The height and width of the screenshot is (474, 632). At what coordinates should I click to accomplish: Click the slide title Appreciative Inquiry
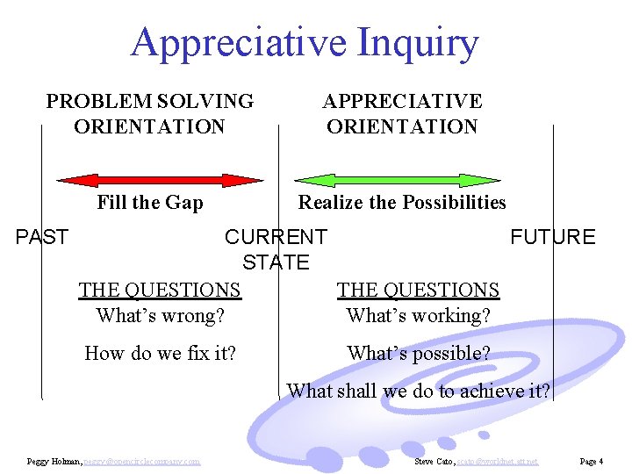305,42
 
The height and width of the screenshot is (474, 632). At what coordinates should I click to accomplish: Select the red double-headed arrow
160,180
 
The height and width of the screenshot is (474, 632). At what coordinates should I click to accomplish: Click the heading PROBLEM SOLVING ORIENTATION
149,114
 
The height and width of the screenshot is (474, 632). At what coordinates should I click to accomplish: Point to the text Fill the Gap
149,203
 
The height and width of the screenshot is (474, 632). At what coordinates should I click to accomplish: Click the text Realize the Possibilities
402,203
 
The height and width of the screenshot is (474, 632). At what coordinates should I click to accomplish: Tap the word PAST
43,237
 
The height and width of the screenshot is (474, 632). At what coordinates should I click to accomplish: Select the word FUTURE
552,237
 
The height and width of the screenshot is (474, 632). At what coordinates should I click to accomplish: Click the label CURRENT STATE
276,249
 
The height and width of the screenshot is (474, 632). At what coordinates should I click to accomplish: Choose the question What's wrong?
159,315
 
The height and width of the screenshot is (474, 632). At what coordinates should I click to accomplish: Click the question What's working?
418,315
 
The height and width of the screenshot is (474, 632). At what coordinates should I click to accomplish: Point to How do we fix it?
160,353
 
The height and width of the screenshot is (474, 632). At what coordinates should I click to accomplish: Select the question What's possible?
418,353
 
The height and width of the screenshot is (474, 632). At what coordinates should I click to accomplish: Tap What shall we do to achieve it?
418,391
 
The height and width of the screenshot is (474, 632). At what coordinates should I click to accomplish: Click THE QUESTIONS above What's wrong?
159,290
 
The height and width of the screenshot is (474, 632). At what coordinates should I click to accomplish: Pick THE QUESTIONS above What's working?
418,290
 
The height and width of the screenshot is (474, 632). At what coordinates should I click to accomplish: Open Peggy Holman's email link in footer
142,461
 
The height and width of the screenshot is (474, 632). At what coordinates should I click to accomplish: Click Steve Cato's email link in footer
498,461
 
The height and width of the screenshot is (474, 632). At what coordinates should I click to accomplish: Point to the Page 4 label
591,461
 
